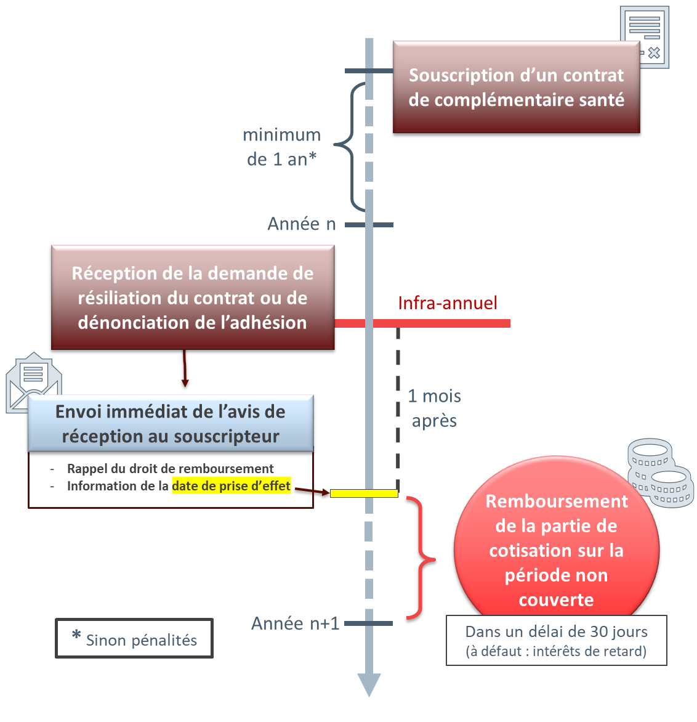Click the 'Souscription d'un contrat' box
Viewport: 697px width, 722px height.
click(516, 87)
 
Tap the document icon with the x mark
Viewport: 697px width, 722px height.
click(644, 36)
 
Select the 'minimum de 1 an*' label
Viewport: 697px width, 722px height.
click(282, 147)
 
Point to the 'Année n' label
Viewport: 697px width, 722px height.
click(302, 224)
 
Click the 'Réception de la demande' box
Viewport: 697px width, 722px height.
click(192, 298)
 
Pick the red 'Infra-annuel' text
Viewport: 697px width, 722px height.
click(448, 303)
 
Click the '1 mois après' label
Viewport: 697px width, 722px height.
click(434, 408)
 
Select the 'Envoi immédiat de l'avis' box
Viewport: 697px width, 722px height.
click(171, 424)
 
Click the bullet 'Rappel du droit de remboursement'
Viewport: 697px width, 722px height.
click(170, 469)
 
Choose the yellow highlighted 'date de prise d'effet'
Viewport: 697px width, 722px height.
click(231, 486)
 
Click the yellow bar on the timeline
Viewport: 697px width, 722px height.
click(364, 493)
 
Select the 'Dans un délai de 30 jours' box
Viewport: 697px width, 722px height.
click(556, 641)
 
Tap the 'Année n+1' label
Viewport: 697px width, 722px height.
click(296, 623)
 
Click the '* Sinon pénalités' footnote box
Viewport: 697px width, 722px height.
click(134, 639)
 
